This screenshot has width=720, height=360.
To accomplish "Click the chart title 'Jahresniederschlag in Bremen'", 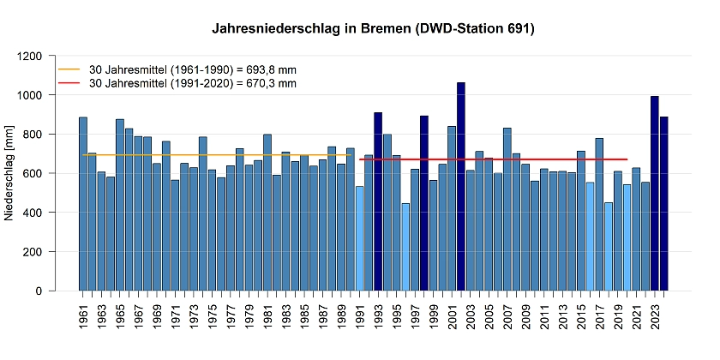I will point(374,29).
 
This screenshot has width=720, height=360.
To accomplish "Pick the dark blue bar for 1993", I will point(378,201).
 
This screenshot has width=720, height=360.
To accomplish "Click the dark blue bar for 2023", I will point(655,194).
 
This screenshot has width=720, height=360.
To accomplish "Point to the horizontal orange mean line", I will point(214,155).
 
